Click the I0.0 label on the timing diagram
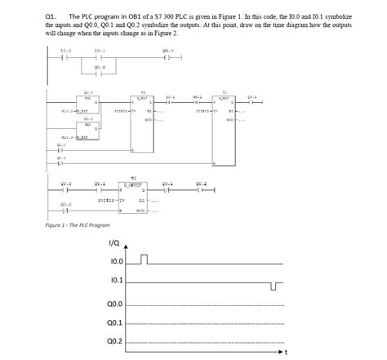114,263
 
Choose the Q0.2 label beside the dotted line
114,341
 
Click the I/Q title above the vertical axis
115,242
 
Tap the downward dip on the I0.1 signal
275,286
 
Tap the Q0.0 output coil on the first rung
167,59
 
